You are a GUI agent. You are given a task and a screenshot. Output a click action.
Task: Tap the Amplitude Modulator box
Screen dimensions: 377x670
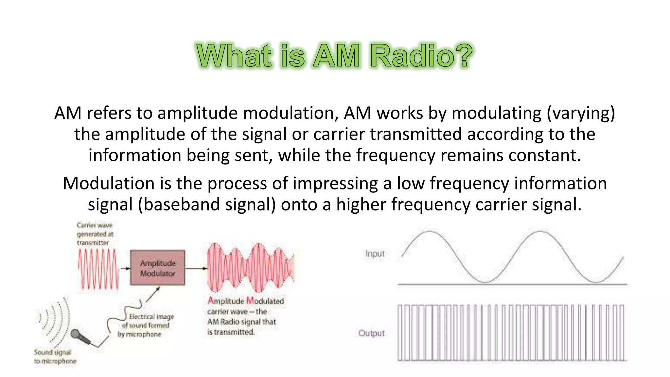157,268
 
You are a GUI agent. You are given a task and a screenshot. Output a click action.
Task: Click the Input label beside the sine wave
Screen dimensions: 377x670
375,254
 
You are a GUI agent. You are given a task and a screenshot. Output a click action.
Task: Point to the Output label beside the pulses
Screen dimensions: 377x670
371,333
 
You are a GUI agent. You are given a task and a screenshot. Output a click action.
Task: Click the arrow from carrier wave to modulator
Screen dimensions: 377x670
125,268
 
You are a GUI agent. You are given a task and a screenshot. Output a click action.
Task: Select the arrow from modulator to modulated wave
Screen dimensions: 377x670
196,268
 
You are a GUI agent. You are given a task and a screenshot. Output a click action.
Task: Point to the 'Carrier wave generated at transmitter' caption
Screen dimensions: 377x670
95,234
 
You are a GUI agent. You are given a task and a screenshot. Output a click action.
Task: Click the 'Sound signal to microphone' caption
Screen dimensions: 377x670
55,356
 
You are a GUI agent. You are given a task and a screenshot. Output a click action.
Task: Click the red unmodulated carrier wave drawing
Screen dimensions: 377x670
98,269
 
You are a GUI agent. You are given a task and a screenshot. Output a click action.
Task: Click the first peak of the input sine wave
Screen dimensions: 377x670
429,232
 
